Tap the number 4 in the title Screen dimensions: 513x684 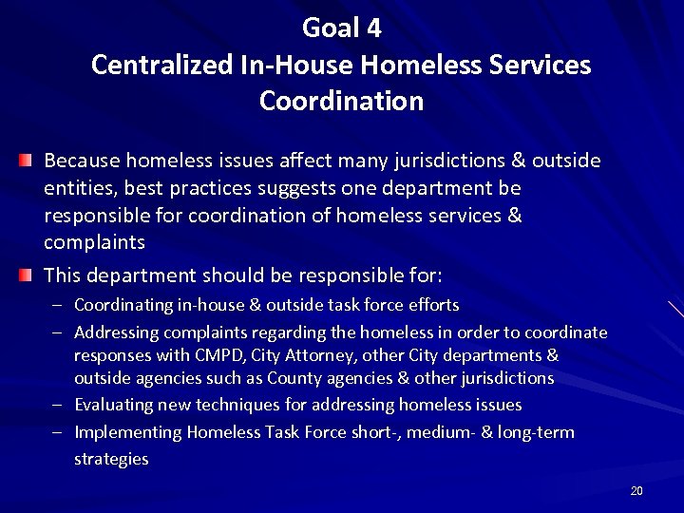tap(374, 29)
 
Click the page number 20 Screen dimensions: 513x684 tap(636, 490)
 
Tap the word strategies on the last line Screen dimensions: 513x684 tap(111, 459)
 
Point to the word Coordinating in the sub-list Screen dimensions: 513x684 tap(122, 305)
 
